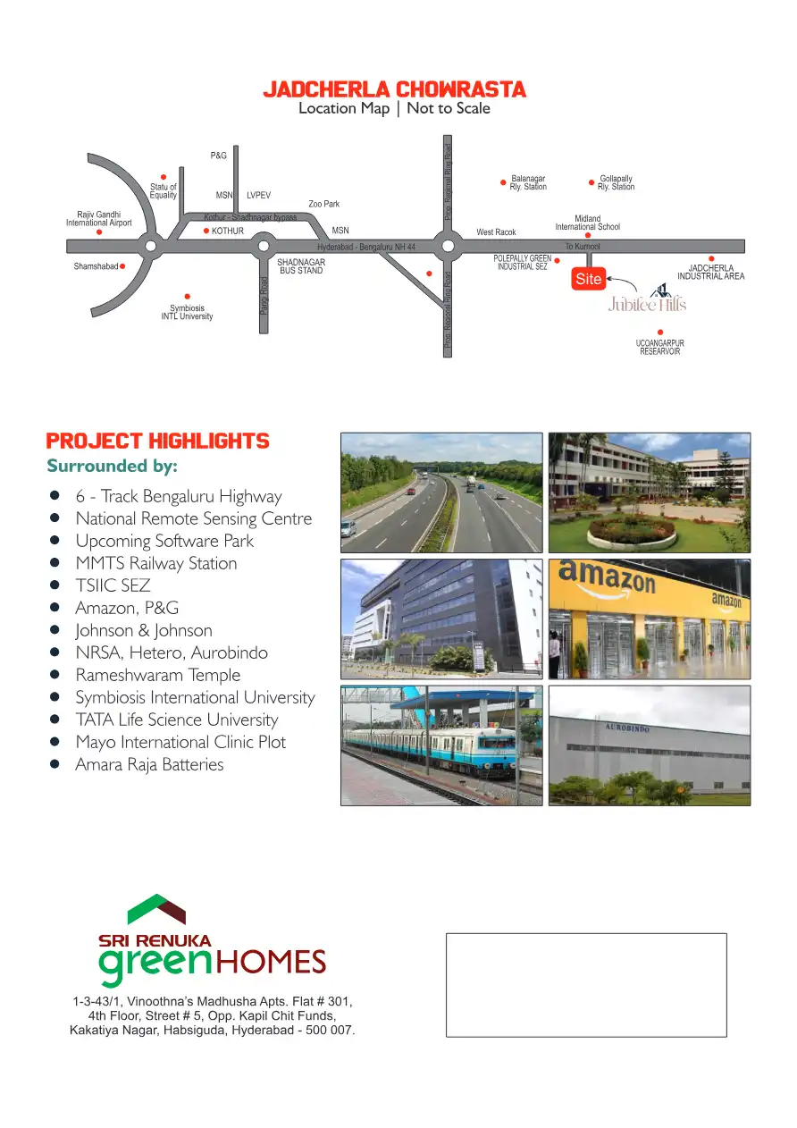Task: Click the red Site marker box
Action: point(589,279)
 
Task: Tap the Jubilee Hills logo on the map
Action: point(648,300)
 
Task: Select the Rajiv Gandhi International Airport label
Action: point(98,218)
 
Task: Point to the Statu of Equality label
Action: point(163,191)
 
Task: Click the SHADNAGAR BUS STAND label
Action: point(301,266)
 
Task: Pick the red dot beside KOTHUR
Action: point(206,231)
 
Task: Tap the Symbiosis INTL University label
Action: point(187,312)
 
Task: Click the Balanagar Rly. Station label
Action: point(528,182)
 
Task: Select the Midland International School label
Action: point(587,223)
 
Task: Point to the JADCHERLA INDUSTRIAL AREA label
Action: point(710,272)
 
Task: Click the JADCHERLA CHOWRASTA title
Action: point(394,90)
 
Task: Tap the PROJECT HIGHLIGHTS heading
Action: point(157,442)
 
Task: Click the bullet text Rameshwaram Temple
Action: point(157,675)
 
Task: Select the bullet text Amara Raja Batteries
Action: point(149,764)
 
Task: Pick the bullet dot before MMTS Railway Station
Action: point(55,563)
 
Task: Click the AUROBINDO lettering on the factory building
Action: point(627,729)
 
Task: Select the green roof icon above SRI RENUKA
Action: point(156,909)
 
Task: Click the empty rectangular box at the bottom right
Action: point(586,985)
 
